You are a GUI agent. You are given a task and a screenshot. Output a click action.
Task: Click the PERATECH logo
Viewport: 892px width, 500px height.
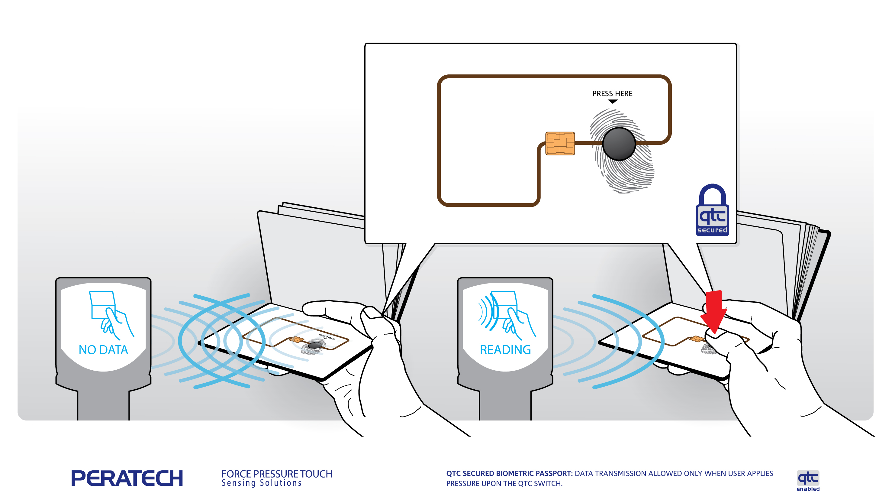(x=127, y=478)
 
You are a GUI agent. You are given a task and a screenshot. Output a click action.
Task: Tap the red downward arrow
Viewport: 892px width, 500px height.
(x=714, y=310)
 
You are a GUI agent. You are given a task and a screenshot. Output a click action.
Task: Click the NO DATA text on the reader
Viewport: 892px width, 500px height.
(x=103, y=350)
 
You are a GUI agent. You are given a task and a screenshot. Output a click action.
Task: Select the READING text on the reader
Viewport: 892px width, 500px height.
(x=505, y=350)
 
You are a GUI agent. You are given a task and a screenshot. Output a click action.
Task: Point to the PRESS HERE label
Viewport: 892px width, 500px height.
(x=612, y=93)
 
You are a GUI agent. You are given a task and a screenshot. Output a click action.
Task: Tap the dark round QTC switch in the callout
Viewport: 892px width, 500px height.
(x=619, y=144)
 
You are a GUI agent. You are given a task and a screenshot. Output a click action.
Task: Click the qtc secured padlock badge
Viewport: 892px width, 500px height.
(x=712, y=211)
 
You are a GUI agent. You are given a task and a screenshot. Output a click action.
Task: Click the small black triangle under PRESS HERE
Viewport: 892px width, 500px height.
(x=613, y=102)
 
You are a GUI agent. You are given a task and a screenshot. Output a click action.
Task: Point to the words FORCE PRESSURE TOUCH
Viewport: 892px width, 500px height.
(x=277, y=474)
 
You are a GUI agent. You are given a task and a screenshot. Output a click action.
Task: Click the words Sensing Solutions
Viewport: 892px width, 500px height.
(x=261, y=483)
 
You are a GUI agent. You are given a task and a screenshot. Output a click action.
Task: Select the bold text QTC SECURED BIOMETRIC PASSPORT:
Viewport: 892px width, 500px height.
(x=509, y=473)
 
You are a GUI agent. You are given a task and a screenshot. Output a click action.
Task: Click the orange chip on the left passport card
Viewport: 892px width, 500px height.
(x=296, y=339)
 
